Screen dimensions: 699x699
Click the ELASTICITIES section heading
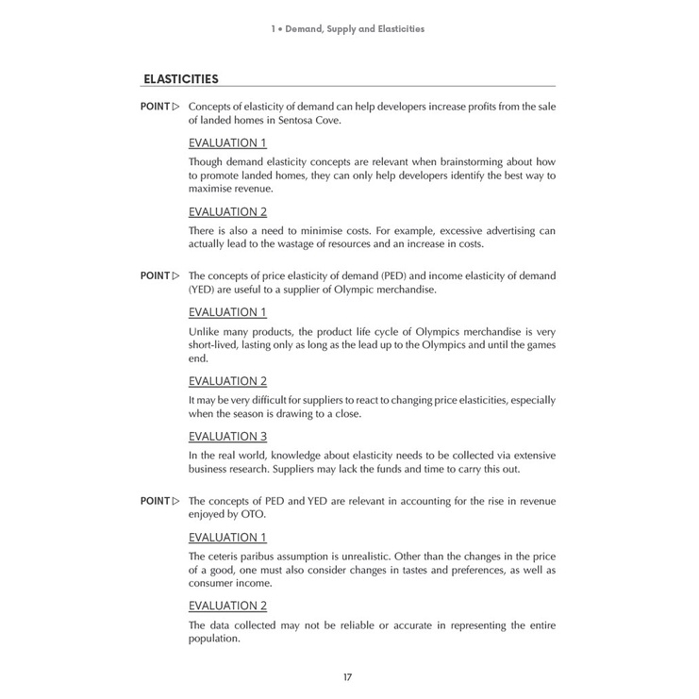pyautogui.click(x=180, y=78)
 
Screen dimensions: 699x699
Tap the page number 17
pyautogui.click(x=349, y=676)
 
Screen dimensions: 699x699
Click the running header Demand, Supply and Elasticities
pyautogui.click(x=349, y=28)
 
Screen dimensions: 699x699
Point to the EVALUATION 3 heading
pyautogui.click(x=227, y=436)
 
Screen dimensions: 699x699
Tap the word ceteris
pyautogui.click(x=227, y=555)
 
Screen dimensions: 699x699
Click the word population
pyautogui.click(x=214, y=639)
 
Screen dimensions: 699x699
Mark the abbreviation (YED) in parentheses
pyautogui.click(x=204, y=290)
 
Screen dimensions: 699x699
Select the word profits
pyautogui.click(x=456, y=107)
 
